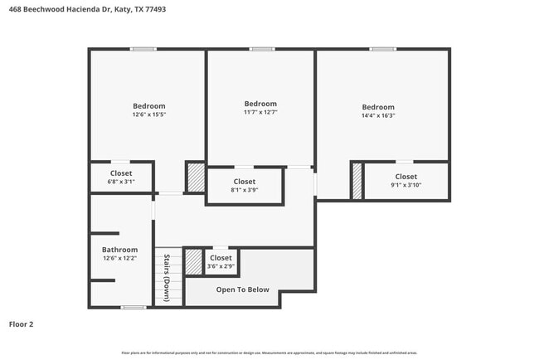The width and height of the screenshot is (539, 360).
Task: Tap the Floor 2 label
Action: click(22, 324)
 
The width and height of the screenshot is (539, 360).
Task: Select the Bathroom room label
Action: click(119, 250)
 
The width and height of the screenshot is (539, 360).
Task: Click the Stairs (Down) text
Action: click(167, 277)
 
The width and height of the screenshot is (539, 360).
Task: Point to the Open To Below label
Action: click(242, 289)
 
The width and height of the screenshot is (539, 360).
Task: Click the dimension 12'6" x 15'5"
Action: click(149, 114)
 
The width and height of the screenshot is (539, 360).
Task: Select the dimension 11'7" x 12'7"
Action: click(260, 112)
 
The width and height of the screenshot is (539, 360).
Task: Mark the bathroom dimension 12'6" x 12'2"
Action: click(119, 259)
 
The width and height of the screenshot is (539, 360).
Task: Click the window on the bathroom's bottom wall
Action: click(133, 308)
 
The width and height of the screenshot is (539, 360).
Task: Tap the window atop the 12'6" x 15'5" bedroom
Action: click(143, 49)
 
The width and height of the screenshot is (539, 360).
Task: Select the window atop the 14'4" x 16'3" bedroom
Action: click(382, 49)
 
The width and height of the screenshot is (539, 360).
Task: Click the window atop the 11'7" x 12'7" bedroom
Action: click(262, 49)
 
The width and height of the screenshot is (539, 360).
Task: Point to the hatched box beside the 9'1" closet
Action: click(357, 181)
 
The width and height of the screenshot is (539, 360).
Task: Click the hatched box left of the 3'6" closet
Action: click(193, 262)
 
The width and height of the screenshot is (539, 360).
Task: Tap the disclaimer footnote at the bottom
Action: click(269, 352)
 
